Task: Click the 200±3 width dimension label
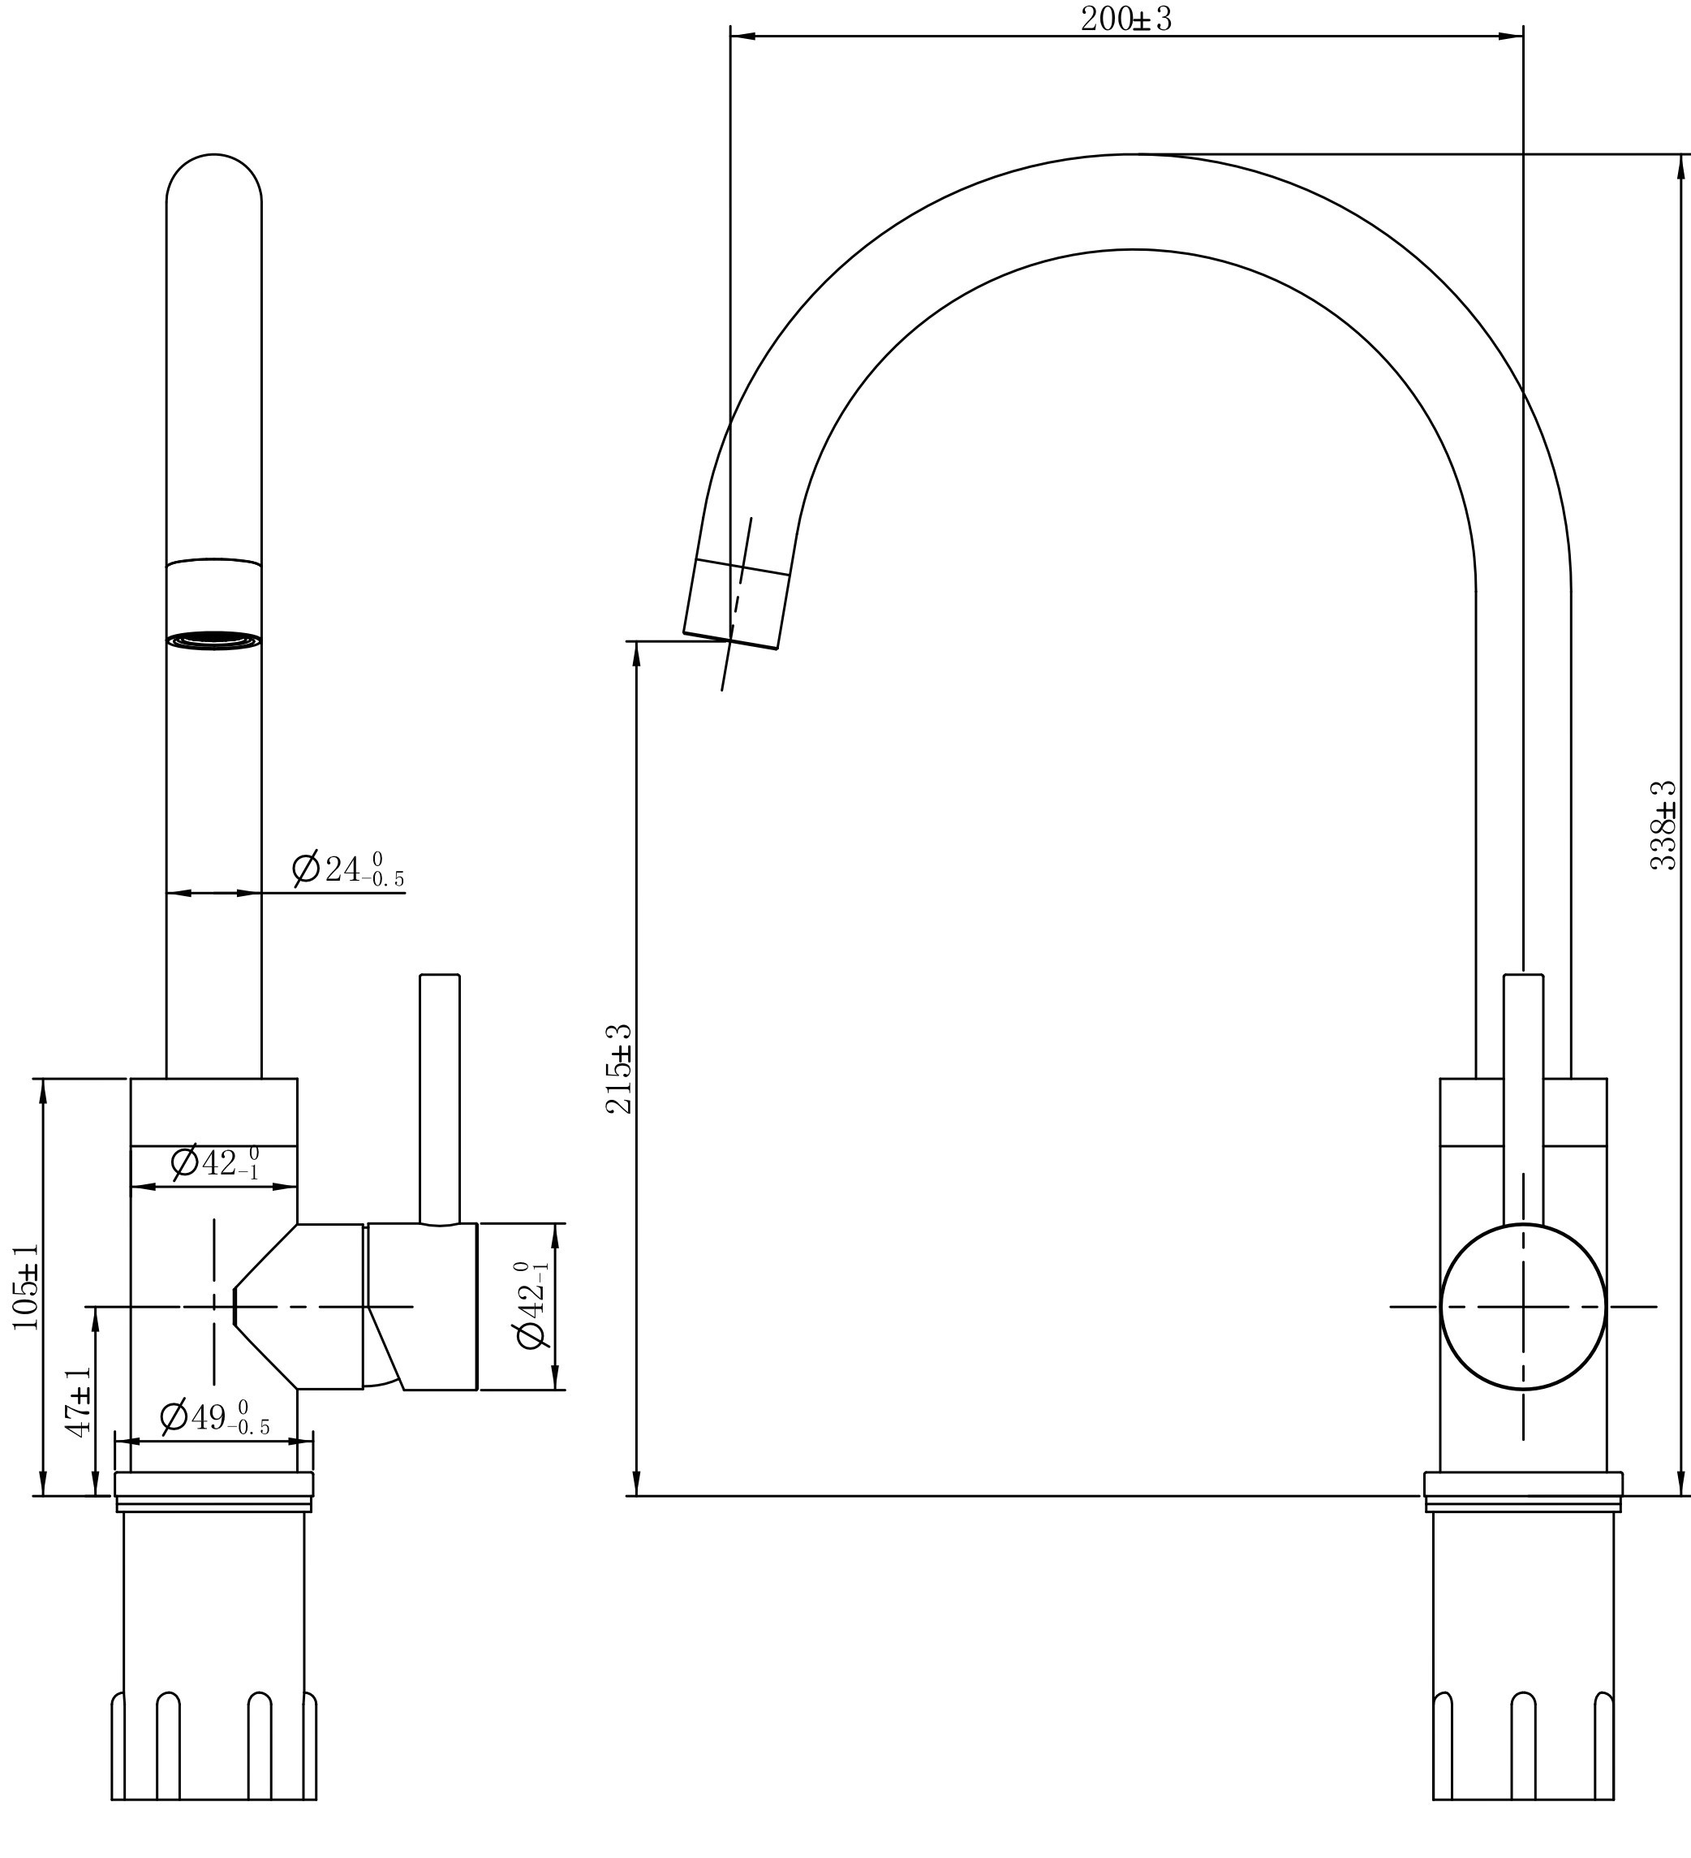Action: [1125, 19]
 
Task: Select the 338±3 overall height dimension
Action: [1663, 825]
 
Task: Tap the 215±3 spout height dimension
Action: [619, 1068]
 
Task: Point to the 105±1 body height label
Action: [26, 1286]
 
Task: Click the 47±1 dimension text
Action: [79, 1401]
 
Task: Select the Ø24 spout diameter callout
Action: [347, 869]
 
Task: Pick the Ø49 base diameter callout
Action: [215, 1417]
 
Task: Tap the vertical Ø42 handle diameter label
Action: [532, 1305]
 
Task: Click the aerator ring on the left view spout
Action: [213, 640]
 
